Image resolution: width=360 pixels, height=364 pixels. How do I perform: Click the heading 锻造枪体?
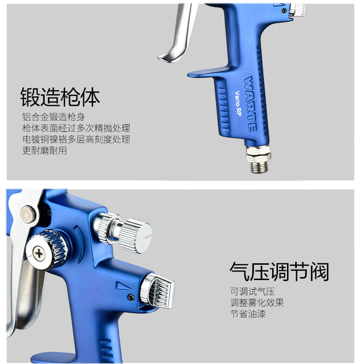[x=60, y=97]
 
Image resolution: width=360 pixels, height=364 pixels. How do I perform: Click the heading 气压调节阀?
[x=279, y=271]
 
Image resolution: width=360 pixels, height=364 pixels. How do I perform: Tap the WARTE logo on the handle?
[x=251, y=104]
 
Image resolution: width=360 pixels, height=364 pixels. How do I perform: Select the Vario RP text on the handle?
[x=238, y=103]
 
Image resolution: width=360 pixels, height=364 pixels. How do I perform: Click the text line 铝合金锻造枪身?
[x=53, y=117]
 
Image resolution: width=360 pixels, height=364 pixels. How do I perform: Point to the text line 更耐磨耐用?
[x=45, y=151]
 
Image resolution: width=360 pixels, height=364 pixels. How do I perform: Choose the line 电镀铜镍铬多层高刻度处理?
[x=76, y=139]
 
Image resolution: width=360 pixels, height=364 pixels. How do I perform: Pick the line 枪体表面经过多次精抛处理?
[x=76, y=128]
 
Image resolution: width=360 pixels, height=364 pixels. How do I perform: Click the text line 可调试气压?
[x=252, y=291]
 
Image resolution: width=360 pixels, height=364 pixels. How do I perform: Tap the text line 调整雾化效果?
[x=257, y=303]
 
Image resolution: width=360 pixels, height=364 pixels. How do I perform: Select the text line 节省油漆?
[x=248, y=314]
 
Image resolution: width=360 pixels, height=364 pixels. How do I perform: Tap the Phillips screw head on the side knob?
[x=39, y=254]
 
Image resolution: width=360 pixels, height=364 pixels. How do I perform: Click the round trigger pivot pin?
[x=28, y=214]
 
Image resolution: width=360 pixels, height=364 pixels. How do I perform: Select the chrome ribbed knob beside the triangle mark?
[x=158, y=291]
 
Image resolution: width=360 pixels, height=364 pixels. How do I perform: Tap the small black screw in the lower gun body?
[x=132, y=297]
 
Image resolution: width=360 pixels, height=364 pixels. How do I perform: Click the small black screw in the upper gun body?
[x=284, y=11]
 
